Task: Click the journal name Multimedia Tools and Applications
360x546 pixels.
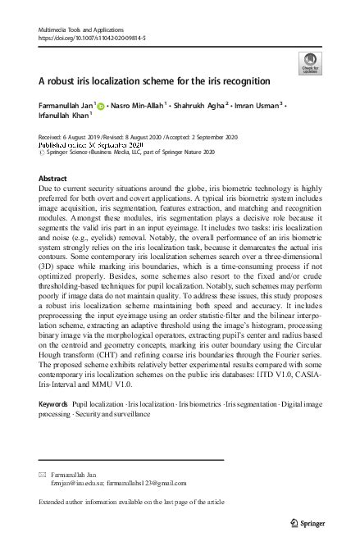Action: [x=80, y=29]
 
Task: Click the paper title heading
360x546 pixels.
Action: [x=155, y=81]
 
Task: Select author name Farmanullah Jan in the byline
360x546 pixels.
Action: [x=66, y=106]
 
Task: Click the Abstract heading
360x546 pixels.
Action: [x=53, y=178]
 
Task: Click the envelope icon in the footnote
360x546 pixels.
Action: [x=43, y=475]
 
